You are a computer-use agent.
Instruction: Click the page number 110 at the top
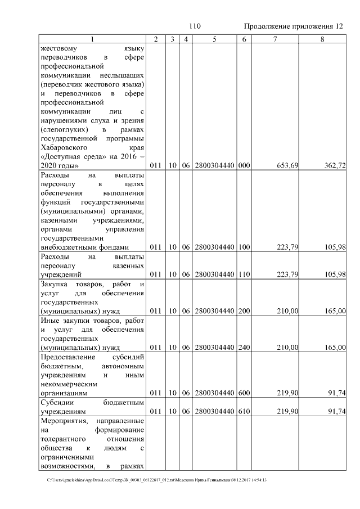(x=195, y=26)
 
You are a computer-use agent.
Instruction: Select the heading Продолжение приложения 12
(x=292, y=26)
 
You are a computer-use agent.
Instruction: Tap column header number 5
(x=215, y=39)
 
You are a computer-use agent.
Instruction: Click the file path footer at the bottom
(x=157, y=480)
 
